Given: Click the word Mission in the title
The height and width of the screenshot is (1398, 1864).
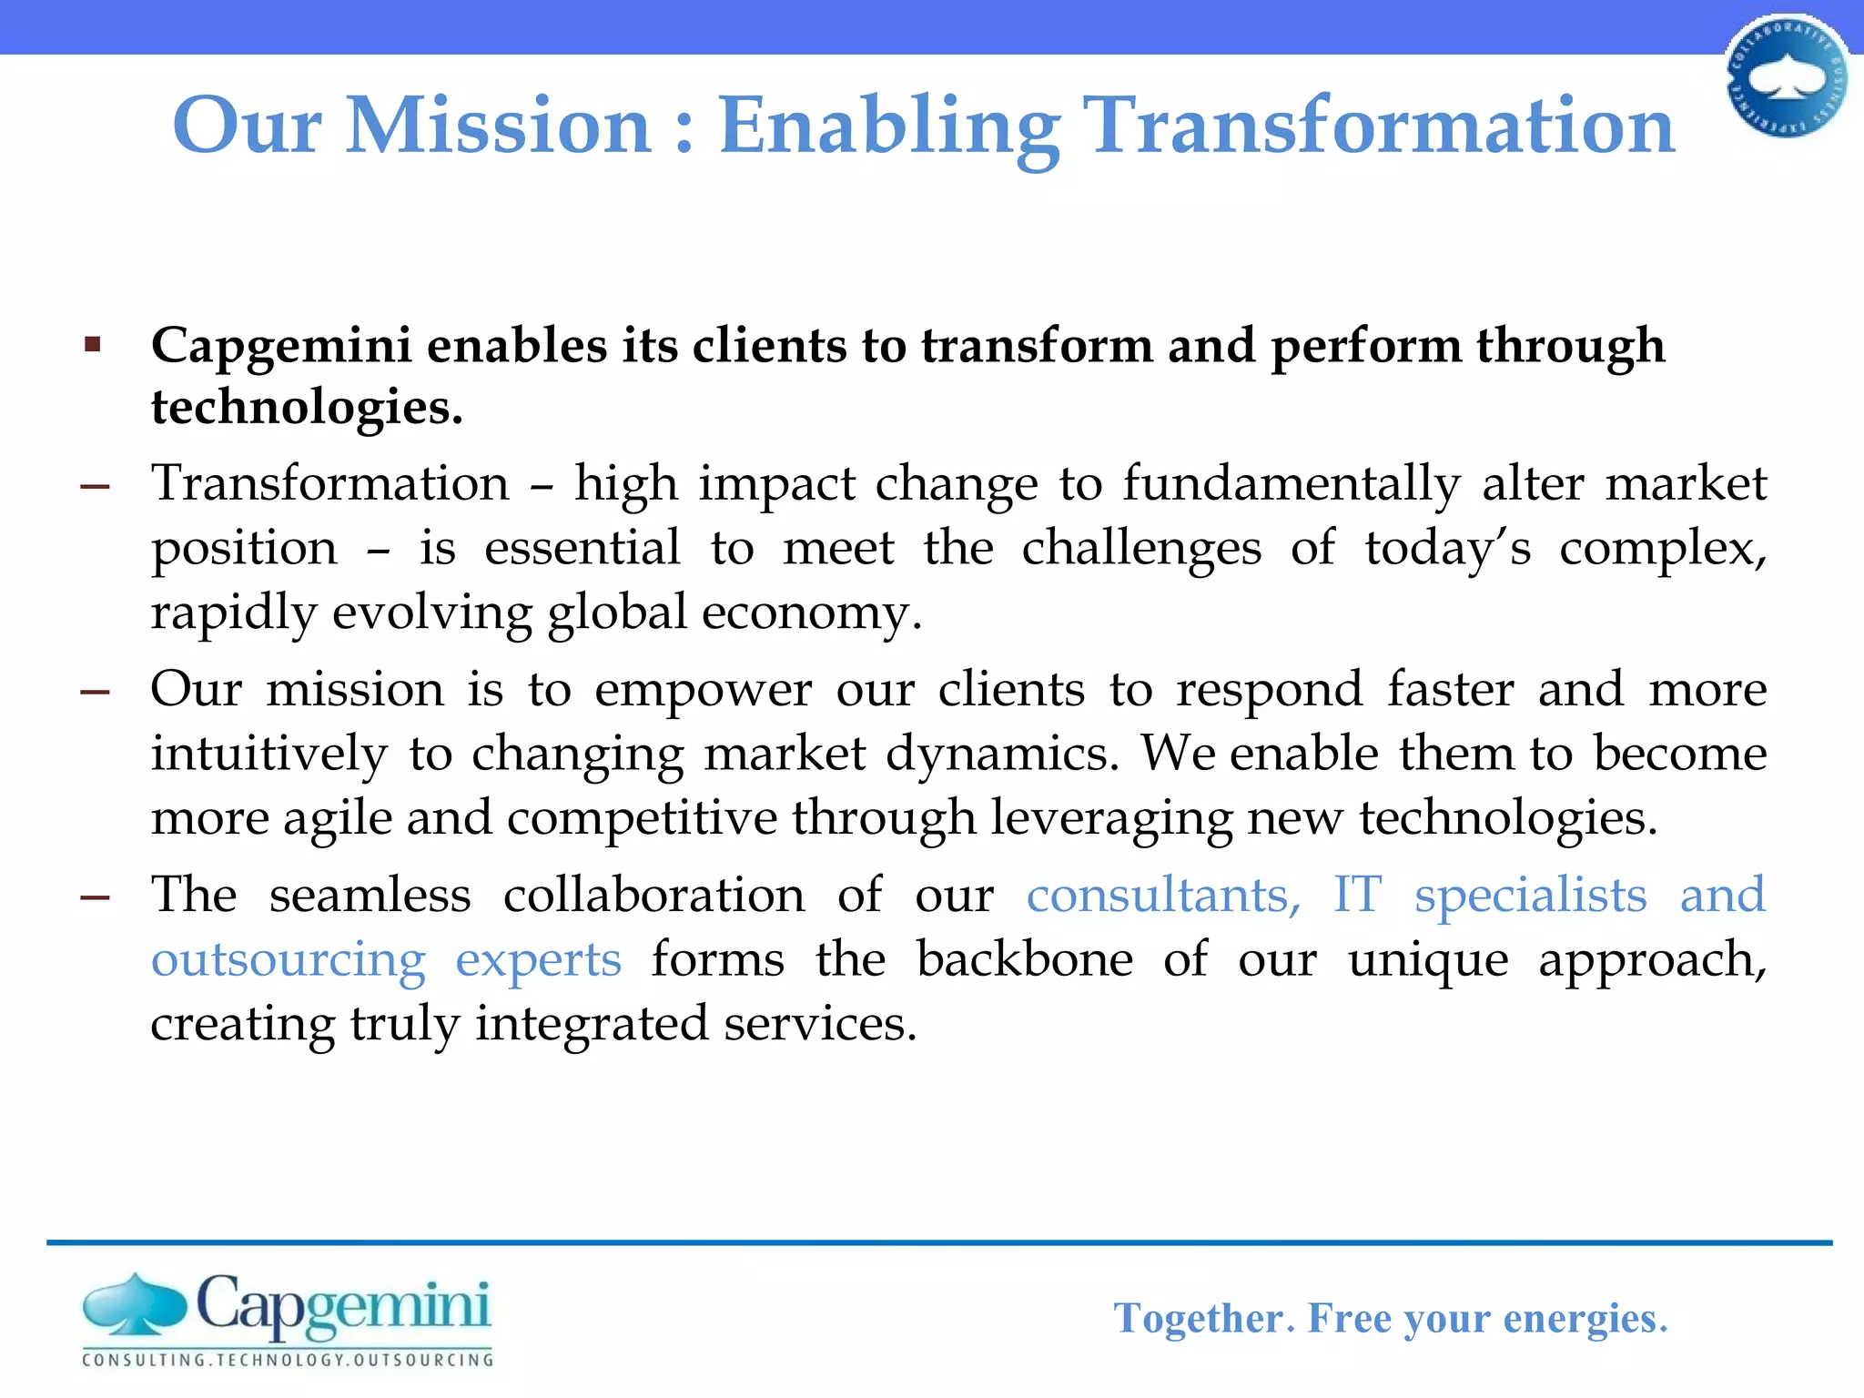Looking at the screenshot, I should tap(499, 126).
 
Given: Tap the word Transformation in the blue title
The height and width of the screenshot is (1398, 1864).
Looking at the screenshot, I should tap(1381, 126).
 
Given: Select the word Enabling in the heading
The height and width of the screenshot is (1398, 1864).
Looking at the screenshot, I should tap(888, 127).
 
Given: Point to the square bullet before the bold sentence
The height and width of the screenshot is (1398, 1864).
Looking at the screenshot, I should tap(92, 345).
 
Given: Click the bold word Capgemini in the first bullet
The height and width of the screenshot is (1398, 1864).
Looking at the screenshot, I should tap(281, 347).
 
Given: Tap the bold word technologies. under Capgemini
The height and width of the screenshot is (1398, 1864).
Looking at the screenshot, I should tap(307, 407).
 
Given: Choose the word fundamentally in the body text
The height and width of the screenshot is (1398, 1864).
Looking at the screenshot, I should tap(1291, 483).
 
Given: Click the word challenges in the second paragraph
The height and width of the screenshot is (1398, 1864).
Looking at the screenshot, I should tap(1141, 549).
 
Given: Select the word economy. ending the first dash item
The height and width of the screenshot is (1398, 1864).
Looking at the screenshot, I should tap(812, 613).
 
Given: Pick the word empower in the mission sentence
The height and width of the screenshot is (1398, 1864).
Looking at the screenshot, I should tap(703, 689).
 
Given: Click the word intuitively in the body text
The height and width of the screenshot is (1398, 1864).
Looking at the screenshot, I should tap(268, 755).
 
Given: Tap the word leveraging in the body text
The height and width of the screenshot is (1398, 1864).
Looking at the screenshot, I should tap(1111, 818).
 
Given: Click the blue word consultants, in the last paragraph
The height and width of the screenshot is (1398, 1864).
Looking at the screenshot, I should tap(1164, 895).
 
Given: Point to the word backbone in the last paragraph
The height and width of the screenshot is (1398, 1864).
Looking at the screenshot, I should tap(1024, 959).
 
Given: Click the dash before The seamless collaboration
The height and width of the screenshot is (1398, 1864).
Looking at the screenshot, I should tap(95, 897).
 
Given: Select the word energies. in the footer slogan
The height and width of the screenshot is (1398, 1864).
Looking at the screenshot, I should tap(1585, 1318).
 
